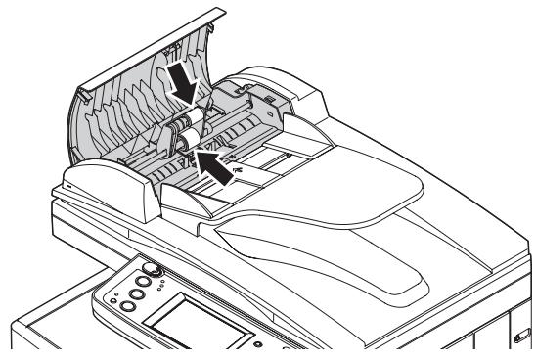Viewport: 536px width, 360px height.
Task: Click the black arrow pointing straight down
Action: click(185, 80)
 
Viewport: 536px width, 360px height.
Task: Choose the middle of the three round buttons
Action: click(137, 291)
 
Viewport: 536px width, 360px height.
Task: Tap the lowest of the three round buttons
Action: click(126, 306)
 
